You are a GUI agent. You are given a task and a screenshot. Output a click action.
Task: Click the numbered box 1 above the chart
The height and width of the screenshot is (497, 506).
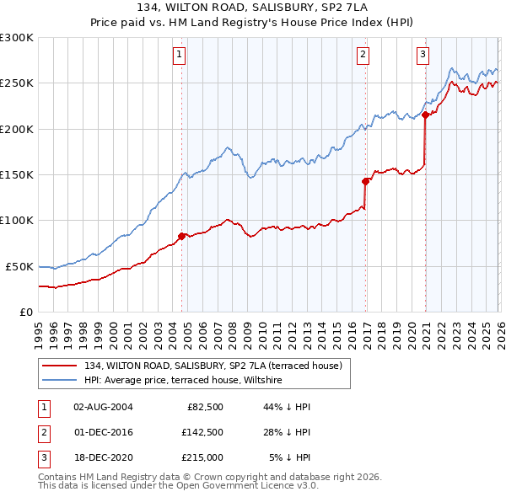(180, 56)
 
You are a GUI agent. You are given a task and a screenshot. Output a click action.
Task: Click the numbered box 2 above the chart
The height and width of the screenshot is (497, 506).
(363, 56)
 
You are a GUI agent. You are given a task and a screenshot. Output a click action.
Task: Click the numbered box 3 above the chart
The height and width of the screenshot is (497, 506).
(423, 56)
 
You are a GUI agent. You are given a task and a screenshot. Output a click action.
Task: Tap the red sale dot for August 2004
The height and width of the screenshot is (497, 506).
(181, 236)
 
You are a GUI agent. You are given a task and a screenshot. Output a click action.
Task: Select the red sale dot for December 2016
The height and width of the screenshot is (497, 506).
(365, 181)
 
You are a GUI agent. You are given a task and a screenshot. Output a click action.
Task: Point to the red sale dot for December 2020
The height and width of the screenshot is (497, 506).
(426, 115)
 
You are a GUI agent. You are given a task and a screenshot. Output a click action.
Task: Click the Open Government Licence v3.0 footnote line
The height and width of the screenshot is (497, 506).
(178, 486)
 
